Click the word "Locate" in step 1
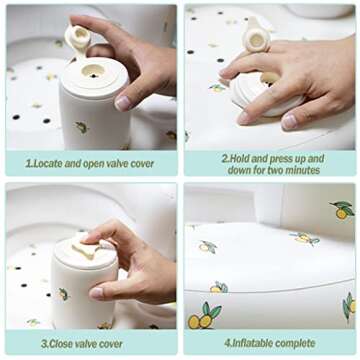click(46, 164)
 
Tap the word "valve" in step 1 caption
click(114, 164)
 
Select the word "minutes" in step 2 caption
click(303, 170)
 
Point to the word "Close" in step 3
click(60, 344)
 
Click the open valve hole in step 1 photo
click(93, 70)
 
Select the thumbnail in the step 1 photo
click(122, 103)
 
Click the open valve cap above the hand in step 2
click(258, 39)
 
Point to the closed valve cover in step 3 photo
click(86, 249)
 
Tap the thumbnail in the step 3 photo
click(97, 293)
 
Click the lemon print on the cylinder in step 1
click(82, 127)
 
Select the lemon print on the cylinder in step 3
click(63, 294)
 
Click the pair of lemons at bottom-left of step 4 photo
click(204, 316)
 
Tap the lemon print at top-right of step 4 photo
click(342, 210)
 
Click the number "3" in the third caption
click(43, 344)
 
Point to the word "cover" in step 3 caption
click(112, 344)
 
